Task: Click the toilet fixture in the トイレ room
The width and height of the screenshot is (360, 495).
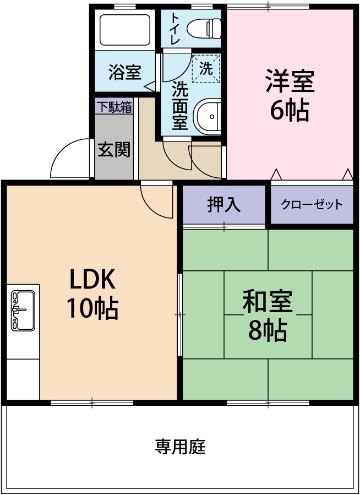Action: [x=204, y=26]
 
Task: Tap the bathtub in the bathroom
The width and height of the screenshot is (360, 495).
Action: [x=124, y=30]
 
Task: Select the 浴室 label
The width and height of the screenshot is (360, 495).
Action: [x=124, y=72]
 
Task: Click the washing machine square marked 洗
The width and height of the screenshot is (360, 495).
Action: [x=206, y=69]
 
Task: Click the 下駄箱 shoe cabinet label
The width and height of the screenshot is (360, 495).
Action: [x=114, y=107]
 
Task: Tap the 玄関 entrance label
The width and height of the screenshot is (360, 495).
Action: [x=114, y=149]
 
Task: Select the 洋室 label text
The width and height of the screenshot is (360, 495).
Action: [x=290, y=81]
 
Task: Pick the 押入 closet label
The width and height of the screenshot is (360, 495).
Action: [x=224, y=204]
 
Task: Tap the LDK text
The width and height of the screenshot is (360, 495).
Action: [x=91, y=280]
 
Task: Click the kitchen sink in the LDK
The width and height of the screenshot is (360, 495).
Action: [x=23, y=310]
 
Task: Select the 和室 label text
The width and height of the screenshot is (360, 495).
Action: [x=268, y=301]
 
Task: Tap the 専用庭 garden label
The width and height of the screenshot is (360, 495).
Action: [x=180, y=446]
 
